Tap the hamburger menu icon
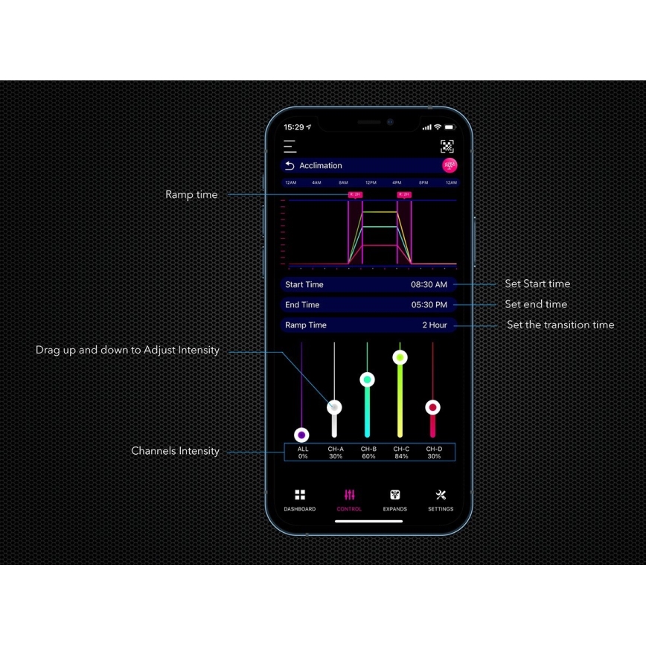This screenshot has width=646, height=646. click(x=290, y=147)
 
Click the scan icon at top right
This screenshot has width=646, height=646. click(x=447, y=147)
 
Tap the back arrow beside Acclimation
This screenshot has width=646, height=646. click(x=290, y=166)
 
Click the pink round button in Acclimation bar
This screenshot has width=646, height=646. click(x=450, y=165)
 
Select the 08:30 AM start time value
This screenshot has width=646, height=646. click(x=429, y=285)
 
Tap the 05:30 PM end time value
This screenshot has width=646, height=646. click(x=429, y=305)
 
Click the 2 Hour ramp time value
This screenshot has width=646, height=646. click(x=435, y=325)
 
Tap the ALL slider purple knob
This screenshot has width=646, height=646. click(x=301, y=435)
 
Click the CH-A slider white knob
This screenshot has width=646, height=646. click(x=335, y=407)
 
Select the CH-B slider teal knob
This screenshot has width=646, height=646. click(x=368, y=380)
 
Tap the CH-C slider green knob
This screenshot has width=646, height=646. click(x=400, y=358)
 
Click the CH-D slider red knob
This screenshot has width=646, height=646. click(x=432, y=407)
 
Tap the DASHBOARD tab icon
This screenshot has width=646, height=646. click(x=300, y=495)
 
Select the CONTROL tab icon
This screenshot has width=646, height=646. click(x=349, y=495)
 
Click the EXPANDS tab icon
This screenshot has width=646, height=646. click(x=395, y=495)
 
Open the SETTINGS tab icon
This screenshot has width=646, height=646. click(x=441, y=495)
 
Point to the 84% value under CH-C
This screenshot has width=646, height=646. click(x=401, y=456)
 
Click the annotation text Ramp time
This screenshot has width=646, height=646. click(x=191, y=195)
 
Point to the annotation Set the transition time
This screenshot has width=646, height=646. click(x=560, y=325)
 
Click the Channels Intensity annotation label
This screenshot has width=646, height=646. click(x=175, y=451)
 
